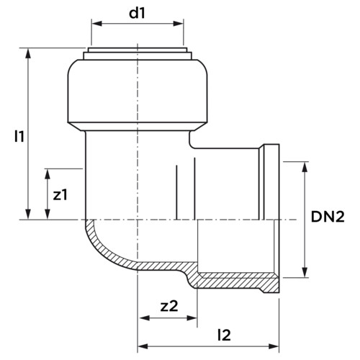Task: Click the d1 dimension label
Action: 137,14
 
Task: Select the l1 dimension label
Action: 19,136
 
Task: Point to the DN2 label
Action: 328,217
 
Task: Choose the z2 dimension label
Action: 169,306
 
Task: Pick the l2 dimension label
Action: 224,335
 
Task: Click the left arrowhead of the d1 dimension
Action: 96,24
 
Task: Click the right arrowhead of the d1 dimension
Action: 178,24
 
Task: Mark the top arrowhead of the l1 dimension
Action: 28,53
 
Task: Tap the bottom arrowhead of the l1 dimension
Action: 28,214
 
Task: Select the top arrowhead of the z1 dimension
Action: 48,174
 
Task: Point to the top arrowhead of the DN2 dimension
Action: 305,167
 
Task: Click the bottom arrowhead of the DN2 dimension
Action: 305,272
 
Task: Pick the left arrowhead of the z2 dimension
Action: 145,318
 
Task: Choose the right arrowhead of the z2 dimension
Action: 192,318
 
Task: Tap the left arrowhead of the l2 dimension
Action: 143,346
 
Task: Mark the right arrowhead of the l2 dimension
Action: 274,346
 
